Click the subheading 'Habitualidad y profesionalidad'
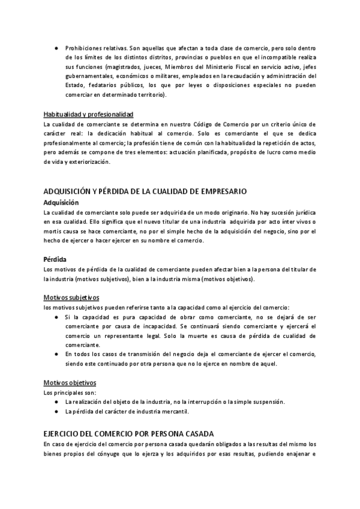(x=88, y=114)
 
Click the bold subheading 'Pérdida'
(x=55, y=260)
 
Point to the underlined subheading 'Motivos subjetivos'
(x=71, y=298)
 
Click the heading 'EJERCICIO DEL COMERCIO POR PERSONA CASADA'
(x=128, y=433)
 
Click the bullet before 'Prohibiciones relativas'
(x=56, y=47)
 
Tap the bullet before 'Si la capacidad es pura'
(x=56, y=316)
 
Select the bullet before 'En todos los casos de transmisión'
(x=56, y=354)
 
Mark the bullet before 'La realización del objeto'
(x=56, y=402)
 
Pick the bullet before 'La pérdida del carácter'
(x=56, y=411)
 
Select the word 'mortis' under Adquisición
(x=53, y=231)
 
